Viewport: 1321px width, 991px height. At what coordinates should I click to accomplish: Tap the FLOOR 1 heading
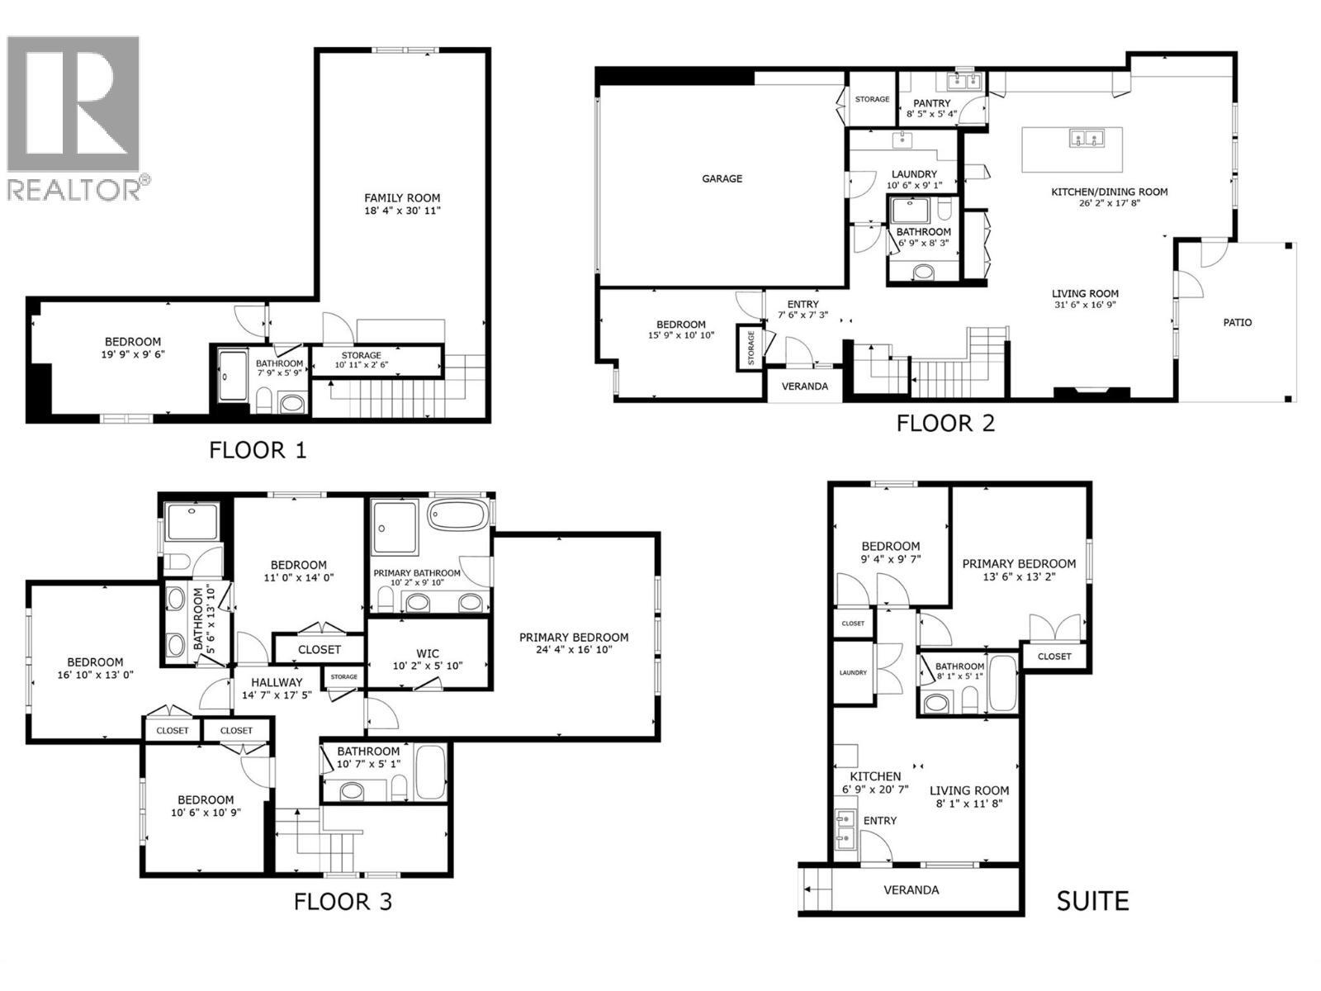click(257, 450)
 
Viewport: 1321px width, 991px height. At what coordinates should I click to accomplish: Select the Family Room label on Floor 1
click(402, 198)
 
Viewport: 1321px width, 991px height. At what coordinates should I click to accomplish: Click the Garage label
click(722, 178)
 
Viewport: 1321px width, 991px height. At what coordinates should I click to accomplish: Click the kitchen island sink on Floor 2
click(1087, 138)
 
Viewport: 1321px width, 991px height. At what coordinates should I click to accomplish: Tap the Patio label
click(1237, 322)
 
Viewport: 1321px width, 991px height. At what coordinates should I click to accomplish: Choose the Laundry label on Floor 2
click(914, 174)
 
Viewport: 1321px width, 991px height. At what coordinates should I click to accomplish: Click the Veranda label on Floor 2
click(804, 386)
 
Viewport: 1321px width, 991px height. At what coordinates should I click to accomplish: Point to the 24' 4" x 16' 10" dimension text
click(573, 649)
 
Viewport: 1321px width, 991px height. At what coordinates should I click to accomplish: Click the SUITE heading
click(1091, 900)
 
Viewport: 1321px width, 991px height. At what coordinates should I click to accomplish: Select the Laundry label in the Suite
click(852, 672)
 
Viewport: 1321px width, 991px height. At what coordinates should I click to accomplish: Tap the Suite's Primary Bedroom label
click(1019, 564)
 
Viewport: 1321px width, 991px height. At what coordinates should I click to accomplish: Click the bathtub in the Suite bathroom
click(1002, 684)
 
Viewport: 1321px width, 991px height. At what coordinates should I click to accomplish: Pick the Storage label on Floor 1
click(361, 355)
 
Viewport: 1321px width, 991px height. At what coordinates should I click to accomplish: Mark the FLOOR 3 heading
click(343, 901)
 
